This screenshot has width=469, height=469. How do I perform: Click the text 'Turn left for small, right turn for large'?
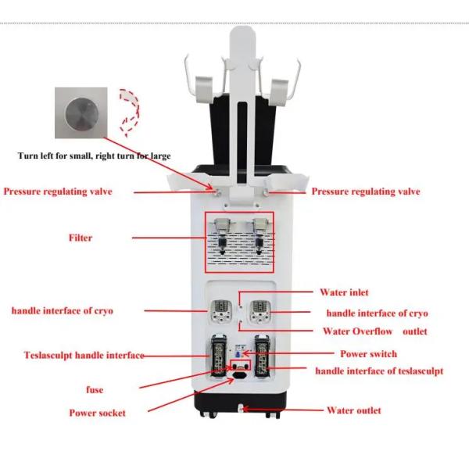pos(95,156)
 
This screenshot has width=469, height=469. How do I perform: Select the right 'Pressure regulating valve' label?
pos(366,192)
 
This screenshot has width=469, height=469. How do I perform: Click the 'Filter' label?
pos(80,238)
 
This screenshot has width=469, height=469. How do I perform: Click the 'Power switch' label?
pos(368,354)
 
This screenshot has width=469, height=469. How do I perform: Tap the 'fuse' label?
pos(94,389)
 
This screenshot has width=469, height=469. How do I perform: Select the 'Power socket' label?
pos(98,413)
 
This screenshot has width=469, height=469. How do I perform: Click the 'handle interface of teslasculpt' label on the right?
pos(379,371)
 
